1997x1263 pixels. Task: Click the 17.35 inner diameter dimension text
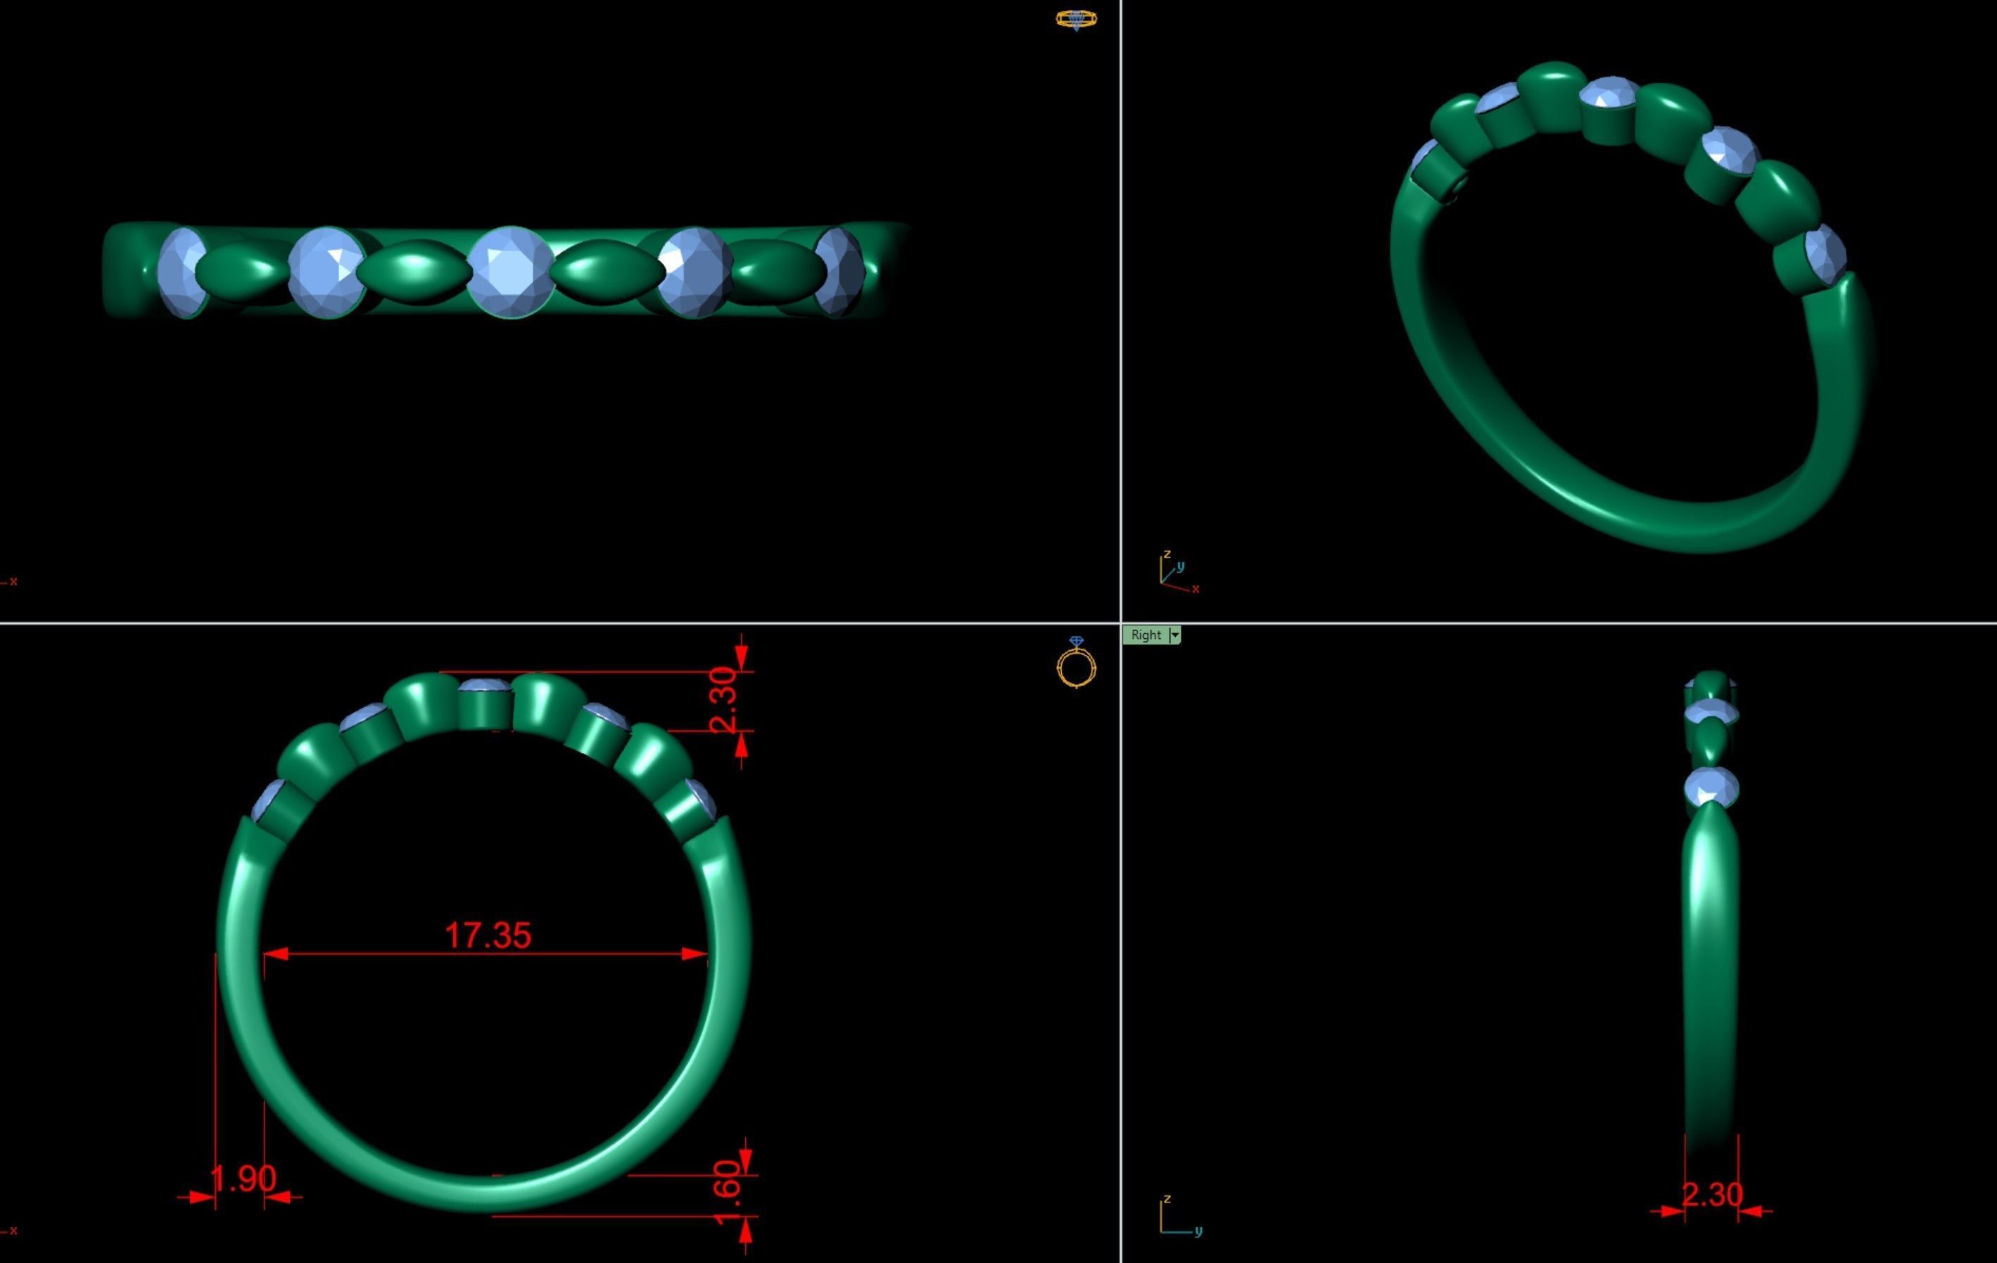[488, 934]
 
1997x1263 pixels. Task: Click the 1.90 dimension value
[242, 1179]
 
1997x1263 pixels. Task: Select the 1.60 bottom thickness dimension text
[726, 1193]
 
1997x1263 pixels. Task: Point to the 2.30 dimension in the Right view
[1712, 1195]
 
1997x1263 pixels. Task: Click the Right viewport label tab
[1146, 635]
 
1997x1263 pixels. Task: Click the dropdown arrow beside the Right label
[1174, 635]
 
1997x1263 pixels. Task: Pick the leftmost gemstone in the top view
[182, 272]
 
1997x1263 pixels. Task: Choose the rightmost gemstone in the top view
[839, 272]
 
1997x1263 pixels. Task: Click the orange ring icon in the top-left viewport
[1076, 19]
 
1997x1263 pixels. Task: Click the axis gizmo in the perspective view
[1176, 572]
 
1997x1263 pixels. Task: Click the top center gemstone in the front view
[484, 686]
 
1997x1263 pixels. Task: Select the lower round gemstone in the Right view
[1711, 786]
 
